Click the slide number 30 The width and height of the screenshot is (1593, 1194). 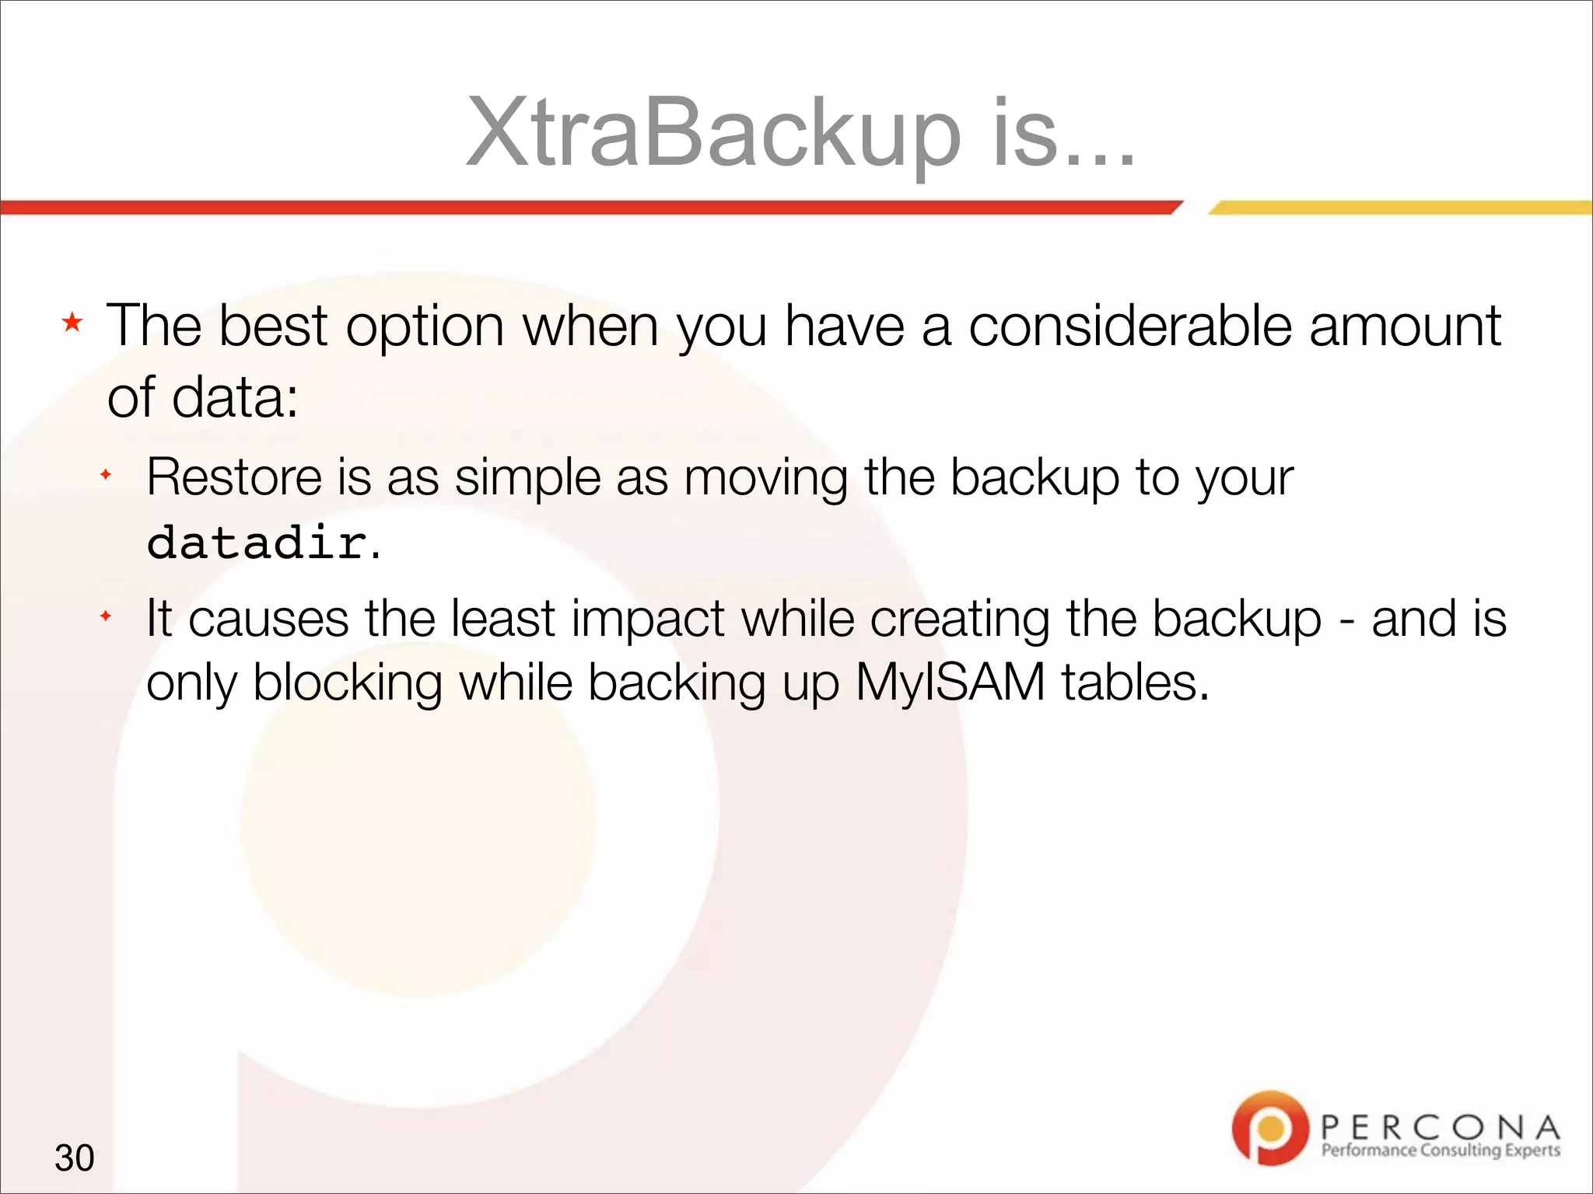click(x=75, y=1157)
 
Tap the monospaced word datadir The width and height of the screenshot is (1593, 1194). click(x=257, y=542)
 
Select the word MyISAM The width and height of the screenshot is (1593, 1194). click(x=950, y=683)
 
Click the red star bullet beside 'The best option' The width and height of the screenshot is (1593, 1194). click(x=72, y=322)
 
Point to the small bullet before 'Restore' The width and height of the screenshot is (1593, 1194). click(x=106, y=474)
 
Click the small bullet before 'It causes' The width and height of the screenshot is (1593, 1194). click(x=106, y=616)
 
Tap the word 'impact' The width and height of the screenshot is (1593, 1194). click(x=648, y=619)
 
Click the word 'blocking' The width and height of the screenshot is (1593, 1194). click(x=348, y=683)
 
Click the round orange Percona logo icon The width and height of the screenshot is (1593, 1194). click(x=1270, y=1127)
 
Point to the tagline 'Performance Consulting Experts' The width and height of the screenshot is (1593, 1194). click(x=1440, y=1150)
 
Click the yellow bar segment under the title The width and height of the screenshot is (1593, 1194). click(x=1400, y=208)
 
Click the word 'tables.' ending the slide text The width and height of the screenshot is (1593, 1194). click(x=1135, y=683)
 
